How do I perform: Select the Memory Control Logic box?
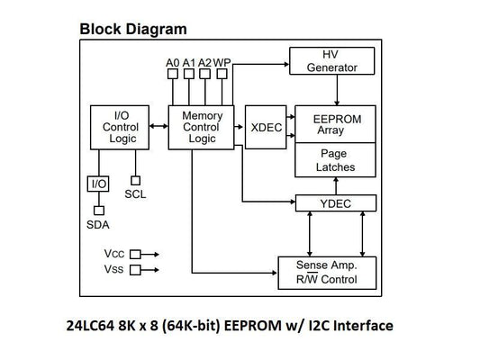(202, 127)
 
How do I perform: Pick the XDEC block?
(265, 128)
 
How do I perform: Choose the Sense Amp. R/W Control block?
(326, 272)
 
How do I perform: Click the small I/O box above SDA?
(97, 184)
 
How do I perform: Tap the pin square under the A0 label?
(173, 76)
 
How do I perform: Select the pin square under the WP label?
(222, 76)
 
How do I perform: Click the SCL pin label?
(135, 193)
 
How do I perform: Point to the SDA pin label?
(97, 224)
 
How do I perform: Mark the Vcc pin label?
(114, 254)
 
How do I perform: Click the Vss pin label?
(114, 269)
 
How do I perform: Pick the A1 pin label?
(189, 62)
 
